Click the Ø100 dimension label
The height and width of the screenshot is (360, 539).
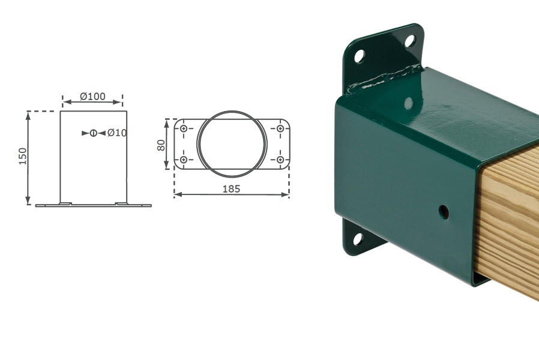[x=92, y=96]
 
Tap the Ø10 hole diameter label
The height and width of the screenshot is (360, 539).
[x=116, y=133]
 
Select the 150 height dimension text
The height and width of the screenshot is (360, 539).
[x=23, y=156]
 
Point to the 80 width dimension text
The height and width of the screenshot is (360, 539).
[x=161, y=145]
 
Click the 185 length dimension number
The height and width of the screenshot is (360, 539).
[x=231, y=188]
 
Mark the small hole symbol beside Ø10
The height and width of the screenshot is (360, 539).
[x=93, y=133]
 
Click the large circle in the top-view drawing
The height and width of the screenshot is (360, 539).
[x=230, y=144]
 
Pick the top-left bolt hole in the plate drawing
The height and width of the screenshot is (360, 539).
[x=184, y=128]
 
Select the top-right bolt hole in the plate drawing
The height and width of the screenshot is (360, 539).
[x=280, y=128]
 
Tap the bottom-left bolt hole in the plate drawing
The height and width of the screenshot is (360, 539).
[x=184, y=160]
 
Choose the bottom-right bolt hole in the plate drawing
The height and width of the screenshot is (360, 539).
[x=280, y=160]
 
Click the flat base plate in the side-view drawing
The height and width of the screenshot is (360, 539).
[x=93, y=205]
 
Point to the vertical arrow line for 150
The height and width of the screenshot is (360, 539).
[x=28, y=158]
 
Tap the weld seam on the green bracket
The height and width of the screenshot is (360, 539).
[x=384, y=79]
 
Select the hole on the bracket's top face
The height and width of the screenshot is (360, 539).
[x=409, y=103]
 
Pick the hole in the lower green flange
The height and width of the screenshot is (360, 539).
[x=358, y=239]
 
